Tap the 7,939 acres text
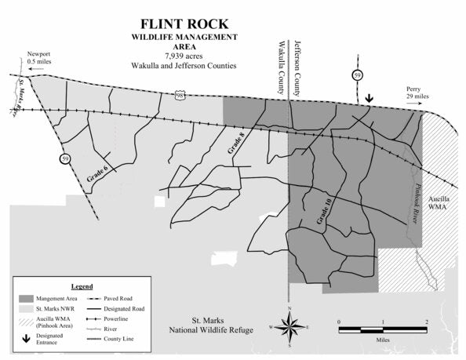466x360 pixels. coord(186,56)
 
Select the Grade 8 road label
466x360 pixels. coord(235,144)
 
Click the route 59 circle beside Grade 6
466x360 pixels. coord(64,159)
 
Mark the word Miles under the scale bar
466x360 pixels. coord(382,340)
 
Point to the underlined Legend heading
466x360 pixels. coord(82,286)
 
